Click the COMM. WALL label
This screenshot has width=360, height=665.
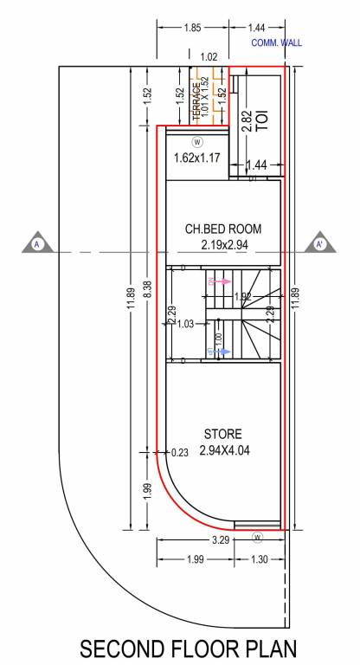pos(276,42)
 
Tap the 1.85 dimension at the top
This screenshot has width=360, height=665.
pos(192,29)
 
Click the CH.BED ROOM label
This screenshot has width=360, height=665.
pos(223,229)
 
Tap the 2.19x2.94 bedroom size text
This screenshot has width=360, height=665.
pos(223,246)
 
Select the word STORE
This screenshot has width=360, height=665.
pos(222,434)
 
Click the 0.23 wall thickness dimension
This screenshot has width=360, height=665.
pos(180,451)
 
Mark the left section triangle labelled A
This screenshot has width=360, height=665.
pos(37,244)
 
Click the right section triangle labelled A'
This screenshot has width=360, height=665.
pos(320,244)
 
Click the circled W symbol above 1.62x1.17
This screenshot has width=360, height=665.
pos(197,141)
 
